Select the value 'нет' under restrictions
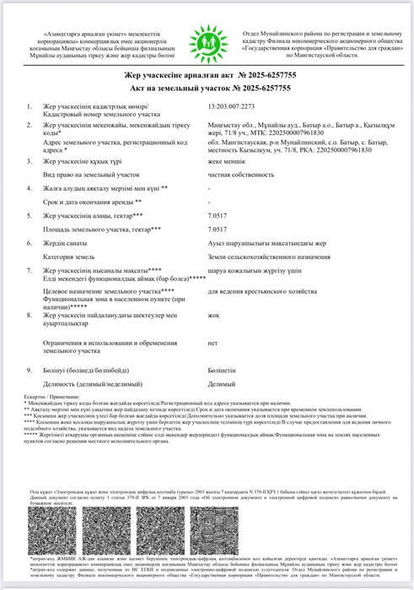pyautogui.click(x=212, y=344)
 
